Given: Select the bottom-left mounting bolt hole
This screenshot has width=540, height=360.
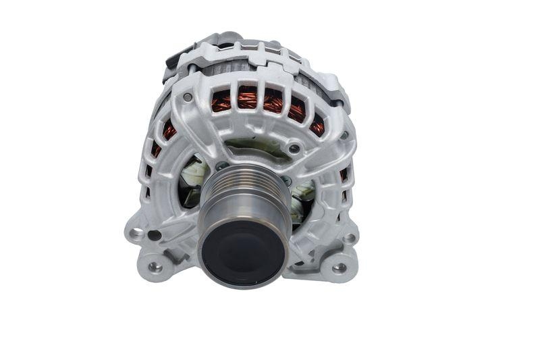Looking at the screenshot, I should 155,266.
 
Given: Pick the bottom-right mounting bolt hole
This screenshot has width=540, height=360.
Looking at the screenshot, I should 339,267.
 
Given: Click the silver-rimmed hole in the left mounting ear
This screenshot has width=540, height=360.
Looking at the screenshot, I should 138,234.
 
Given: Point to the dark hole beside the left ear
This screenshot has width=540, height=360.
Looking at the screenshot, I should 155,236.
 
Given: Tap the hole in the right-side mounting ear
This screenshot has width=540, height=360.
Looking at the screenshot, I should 348,238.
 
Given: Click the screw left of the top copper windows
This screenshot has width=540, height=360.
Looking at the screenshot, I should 187,97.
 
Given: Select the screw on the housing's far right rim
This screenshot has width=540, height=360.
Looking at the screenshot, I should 344,135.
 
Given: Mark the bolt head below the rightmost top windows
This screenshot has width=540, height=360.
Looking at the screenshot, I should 294,148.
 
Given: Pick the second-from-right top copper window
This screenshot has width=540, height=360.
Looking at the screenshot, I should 297,108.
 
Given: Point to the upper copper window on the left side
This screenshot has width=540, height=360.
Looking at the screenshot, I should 169,130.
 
